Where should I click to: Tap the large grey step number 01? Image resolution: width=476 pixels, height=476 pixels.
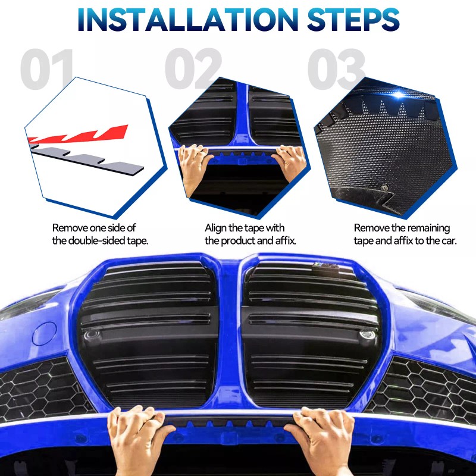[48, 70]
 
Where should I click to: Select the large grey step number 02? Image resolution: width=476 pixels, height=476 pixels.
[192, 70]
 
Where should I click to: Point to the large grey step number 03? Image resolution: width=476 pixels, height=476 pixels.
[336, 70]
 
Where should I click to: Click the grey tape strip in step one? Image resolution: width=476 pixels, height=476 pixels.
[89, 160]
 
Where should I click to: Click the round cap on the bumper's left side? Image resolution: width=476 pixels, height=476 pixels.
[45, 334]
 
